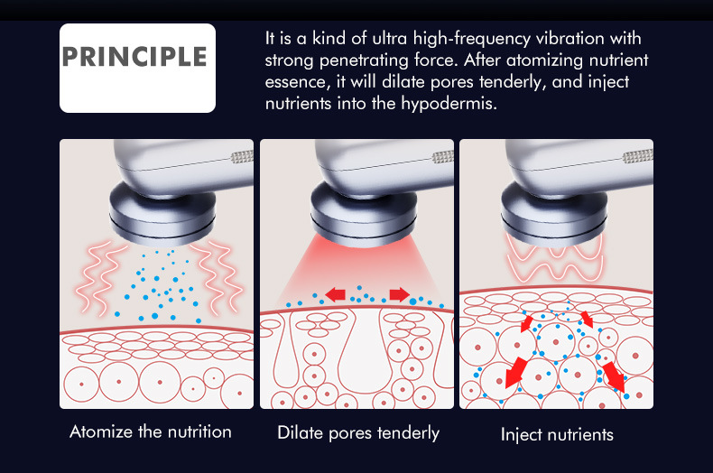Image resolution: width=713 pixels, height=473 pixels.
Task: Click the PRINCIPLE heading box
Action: click(137, 68)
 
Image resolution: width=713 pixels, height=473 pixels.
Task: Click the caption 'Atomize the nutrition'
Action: click(151, 431)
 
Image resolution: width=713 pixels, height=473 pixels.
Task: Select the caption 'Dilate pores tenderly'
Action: click(358, 433)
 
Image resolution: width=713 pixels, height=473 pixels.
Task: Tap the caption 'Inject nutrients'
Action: click(557, 435)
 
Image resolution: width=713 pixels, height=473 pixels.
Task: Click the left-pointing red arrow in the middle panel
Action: click(335, 294)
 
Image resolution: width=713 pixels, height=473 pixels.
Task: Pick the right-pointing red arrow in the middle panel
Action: click(397, 294)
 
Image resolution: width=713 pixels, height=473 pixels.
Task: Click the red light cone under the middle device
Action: click(357, 271)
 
